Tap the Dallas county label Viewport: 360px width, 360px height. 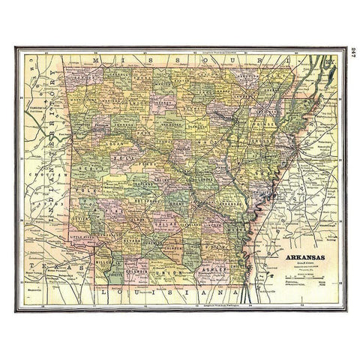tap(163, 226)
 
